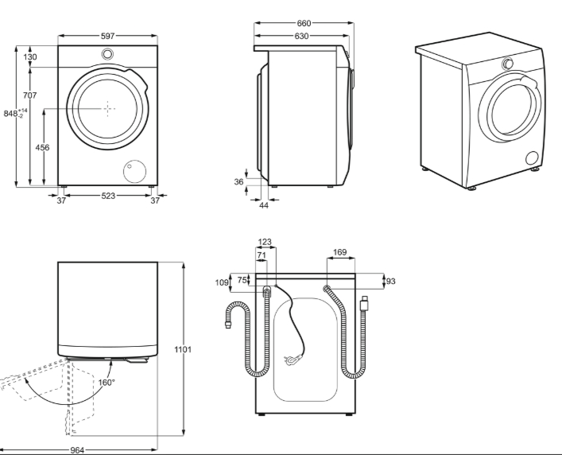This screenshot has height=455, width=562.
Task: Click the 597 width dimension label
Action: pos(107,36)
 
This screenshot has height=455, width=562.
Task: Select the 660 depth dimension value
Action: pos(304,23)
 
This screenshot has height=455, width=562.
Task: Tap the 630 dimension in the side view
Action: pos(301,36)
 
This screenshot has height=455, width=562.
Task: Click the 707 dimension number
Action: pos(29,95)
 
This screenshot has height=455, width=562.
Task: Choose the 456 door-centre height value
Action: pos(42,147)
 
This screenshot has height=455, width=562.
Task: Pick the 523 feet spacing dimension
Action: pos(108,196)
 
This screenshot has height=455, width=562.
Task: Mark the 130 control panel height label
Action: pos(30,57)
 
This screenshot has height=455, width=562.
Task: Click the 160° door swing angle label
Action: pos(107,383)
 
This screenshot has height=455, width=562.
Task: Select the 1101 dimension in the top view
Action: pos(183,349)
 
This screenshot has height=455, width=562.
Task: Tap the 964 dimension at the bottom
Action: pos(77,450)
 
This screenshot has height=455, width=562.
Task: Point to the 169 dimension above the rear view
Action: pos(339,252)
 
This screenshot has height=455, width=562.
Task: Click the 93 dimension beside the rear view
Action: pos(390,282)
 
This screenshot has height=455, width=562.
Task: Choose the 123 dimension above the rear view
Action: pos(265,242)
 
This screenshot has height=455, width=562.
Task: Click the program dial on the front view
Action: pos(107,54)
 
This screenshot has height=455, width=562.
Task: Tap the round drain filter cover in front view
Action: pos(135,171)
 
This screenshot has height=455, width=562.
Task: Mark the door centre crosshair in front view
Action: pos(107,109)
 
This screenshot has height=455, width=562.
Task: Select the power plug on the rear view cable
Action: pos(292,360)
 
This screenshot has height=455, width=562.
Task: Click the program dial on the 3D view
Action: pos(507,64)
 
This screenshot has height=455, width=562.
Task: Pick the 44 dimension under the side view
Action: pos(264,205)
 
